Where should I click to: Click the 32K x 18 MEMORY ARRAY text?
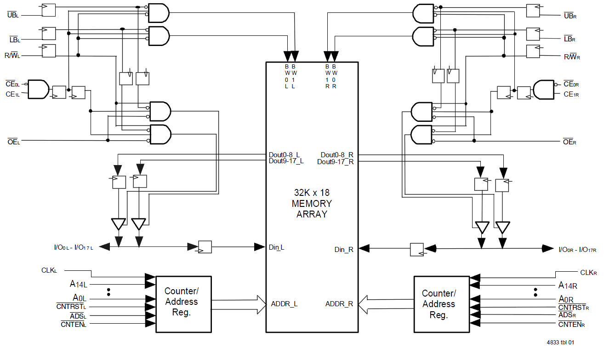tap(312, 203)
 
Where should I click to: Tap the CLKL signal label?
tap(49, 270)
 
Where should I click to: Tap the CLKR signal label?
tap(588, 273)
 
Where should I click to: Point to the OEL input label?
tap(13, 142)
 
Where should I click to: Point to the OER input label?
tap(570, 142)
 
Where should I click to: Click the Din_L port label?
tap(276, 247)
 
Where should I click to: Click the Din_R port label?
tap(344, 249)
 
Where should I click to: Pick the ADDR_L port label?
tap(284, 304)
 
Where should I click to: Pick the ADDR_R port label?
tap(339, 304)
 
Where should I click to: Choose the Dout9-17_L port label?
tap(286, 161)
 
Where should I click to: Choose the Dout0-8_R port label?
tap(337, 155)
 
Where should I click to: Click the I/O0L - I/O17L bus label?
tap(74, 248)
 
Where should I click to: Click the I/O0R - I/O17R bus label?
tap(577, 250)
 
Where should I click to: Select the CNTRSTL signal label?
tap(71, 307)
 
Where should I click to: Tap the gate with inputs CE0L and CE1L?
tap(39, 89)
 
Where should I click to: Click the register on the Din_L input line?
tap(205, 247)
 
